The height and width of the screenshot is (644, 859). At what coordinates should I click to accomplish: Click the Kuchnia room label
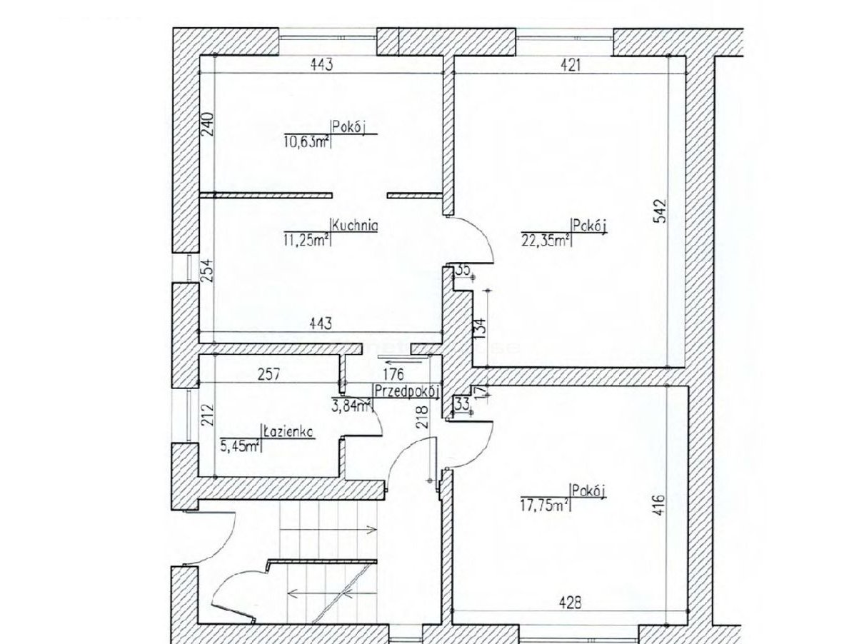[x=355, y=226]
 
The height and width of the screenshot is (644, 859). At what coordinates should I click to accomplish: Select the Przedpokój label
[x=406, y=390]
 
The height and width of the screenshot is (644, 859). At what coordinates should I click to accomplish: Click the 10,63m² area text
[x=306, y=141]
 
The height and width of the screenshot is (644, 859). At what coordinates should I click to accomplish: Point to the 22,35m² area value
[x=546, y=241]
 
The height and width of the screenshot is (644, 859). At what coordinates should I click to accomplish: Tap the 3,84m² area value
[x=353, y=406]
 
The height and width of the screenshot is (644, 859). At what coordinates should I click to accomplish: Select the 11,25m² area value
[x=306, y=241]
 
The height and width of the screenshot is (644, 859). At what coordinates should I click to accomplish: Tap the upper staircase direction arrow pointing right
[x=328, y=530]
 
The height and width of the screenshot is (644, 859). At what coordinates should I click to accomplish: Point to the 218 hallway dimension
[x=422, y=415]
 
